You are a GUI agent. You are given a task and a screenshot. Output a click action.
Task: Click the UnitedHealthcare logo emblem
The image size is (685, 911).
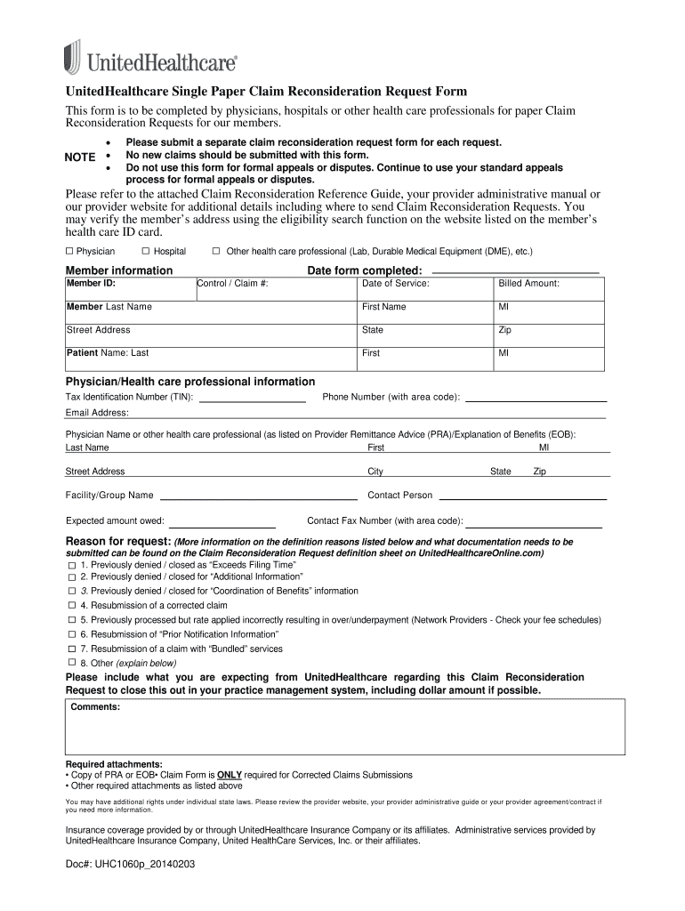(73, 56)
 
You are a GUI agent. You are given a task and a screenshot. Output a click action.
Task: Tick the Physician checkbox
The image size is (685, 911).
(69, 252)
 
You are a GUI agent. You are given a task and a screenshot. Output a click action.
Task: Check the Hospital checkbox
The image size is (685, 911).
(146, 252)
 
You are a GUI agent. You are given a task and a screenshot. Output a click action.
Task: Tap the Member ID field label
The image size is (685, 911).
(91, 283)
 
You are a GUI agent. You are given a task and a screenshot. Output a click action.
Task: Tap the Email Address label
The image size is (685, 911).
(97, 413)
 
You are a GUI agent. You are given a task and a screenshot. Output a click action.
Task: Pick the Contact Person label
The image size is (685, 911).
(400, 496)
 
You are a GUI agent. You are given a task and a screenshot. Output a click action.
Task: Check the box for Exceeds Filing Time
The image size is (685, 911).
(71, 566)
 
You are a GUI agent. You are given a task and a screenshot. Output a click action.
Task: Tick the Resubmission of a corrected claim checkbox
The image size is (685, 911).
(71, 606)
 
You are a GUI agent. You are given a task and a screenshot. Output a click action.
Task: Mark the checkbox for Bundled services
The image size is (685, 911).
(71, 649)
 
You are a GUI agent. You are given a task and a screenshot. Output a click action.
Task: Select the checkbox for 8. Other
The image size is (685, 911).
(71, 663)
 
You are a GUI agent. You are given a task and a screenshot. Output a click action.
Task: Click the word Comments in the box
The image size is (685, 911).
(96, 707)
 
